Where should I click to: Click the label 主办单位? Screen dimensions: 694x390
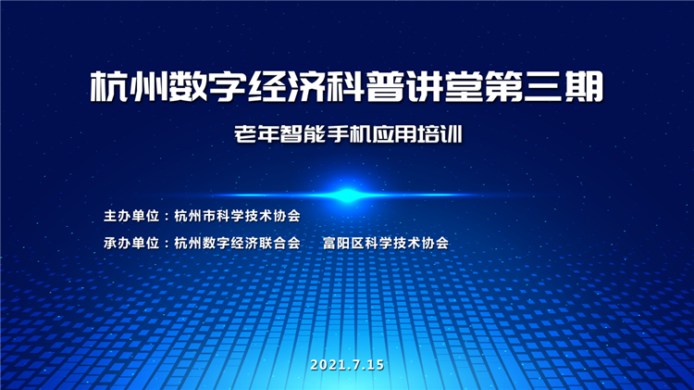[131, 216]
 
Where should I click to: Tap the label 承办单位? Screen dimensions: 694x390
[131, 243]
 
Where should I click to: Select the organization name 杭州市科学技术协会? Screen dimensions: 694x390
[237, 216]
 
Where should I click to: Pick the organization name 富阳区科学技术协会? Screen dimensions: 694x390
[386, 243]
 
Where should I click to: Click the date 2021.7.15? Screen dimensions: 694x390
[347, 365]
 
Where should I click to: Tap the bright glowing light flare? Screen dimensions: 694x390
[347, 195]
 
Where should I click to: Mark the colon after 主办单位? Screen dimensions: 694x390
[167, 216]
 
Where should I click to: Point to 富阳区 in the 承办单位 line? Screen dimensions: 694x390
[343, 243]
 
